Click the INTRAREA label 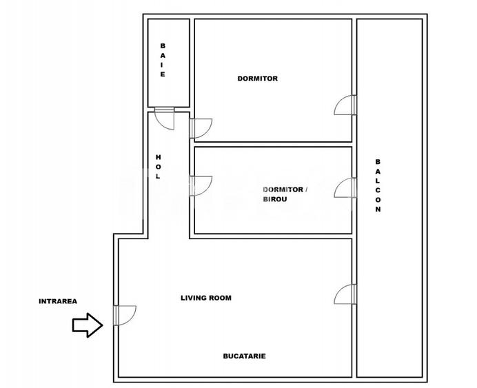point(58,301)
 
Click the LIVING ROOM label point(205,298)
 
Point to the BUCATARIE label point(244,356)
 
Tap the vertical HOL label point(158,167)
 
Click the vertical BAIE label point(163,60)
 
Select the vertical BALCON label point(377,186)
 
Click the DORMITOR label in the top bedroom point(257,79)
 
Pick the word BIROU point(275,200)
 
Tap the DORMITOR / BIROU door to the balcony point(345,187)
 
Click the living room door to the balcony point(345,294)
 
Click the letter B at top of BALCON point(377,161)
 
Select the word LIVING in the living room point(193,298)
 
